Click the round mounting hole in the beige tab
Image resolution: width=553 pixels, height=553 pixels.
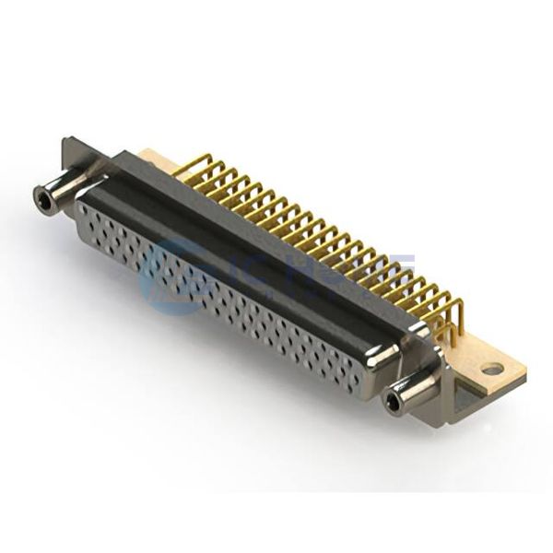(x=492, y=369)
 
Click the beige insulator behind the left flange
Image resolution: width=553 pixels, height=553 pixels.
(x=152, y=159)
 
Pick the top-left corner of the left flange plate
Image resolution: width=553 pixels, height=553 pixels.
(x=66, y=141)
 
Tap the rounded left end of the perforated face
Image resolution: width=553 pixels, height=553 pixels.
(x=81, y=221)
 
